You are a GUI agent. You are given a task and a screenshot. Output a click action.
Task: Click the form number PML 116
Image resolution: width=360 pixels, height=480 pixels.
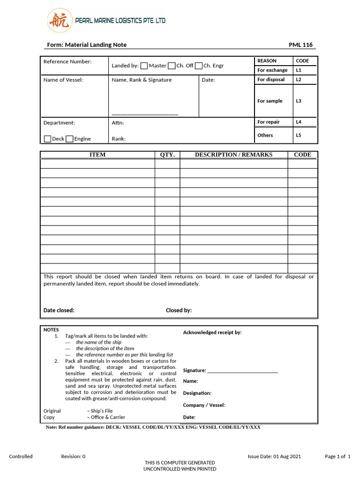point(300,45)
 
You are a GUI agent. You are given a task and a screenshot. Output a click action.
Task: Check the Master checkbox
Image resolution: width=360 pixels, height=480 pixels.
point(144,66)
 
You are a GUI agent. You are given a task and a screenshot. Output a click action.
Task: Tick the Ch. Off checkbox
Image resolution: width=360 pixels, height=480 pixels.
point(172,66)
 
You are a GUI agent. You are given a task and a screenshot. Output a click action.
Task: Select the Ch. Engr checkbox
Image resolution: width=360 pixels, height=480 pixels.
point(199,66)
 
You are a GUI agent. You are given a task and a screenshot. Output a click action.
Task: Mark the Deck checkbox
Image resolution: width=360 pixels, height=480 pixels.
point(47,139)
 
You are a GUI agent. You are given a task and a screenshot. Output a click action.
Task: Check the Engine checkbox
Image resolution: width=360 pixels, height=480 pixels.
point(69,139)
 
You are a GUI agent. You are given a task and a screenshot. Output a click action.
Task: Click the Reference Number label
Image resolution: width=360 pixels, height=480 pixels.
point(67,61)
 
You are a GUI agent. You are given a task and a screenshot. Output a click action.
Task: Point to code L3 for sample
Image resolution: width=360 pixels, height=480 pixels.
point(299,101)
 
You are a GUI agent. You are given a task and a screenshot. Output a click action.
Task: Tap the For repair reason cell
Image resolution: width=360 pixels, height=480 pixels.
point(269,122)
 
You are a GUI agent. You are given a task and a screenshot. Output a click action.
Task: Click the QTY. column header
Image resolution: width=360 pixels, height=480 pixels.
point(167,155)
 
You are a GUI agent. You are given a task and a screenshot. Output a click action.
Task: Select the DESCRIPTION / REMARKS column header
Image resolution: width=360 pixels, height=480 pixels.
point(233,155)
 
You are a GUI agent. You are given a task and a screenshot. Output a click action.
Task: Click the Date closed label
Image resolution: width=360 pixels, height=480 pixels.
point(59,310)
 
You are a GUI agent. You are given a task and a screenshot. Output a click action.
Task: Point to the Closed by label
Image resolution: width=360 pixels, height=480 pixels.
point(179,310)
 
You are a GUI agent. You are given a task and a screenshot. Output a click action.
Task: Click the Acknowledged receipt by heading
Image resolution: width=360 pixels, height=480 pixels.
point(212,332)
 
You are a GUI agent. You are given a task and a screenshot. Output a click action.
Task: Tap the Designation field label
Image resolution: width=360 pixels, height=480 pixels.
point(197,393)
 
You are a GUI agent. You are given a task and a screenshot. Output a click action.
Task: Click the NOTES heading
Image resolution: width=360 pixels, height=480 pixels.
point(51,330)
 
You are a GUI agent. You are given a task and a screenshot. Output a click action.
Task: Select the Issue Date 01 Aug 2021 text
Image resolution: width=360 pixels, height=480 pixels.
point(274,456)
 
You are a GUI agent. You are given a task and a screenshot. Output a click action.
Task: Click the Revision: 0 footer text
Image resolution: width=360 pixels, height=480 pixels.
point(73,456)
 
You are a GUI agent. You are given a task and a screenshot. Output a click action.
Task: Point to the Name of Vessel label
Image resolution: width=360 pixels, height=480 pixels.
point(63,80)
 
